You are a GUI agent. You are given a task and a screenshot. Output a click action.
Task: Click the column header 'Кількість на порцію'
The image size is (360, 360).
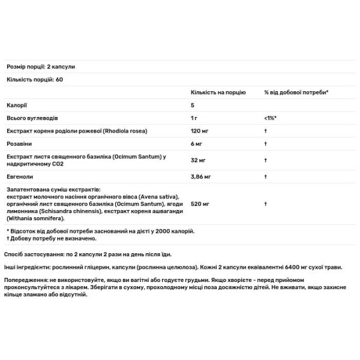coord(218,92)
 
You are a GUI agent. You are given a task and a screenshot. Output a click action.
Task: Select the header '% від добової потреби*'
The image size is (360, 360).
coord(296,92)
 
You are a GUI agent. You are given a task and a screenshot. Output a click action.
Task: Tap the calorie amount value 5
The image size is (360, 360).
coord(192,105)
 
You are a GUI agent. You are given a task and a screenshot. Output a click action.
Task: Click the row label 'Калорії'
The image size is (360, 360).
coord(16,105)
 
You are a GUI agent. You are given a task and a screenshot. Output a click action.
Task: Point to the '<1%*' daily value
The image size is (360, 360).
coord(270,118)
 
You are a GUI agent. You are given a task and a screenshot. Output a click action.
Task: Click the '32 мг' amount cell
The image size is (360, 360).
coord(198,160)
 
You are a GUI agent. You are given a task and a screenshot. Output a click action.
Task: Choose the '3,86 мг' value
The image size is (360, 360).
coord(200,176)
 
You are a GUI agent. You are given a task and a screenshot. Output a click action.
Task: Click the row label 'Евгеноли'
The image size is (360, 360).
coord(19,176)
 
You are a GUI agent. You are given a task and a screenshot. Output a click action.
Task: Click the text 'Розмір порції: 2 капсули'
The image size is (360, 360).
coord(40,67)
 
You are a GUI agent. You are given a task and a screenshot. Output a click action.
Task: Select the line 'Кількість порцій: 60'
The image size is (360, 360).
coord(34,79)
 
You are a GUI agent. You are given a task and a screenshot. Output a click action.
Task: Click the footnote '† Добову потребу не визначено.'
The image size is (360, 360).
coord(47,238)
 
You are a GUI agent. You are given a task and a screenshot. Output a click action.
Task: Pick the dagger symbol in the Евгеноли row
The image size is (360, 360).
coord(265,176)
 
